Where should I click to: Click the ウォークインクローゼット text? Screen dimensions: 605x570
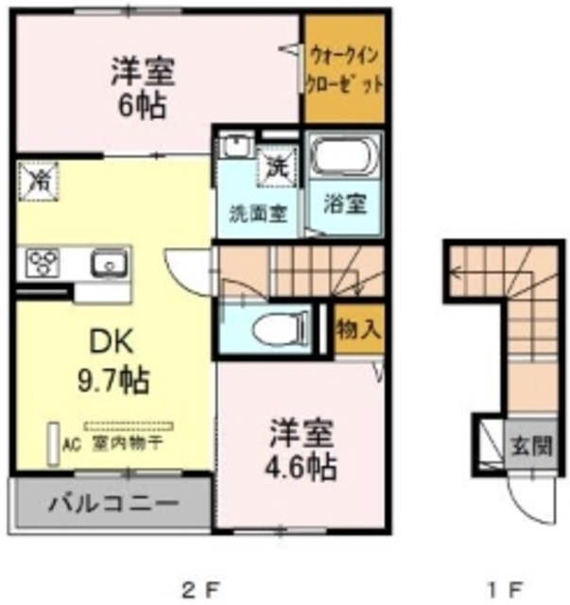point(344,70)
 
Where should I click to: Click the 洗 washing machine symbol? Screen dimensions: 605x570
point(279,170)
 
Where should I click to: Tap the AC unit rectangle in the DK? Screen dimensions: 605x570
point(53,441)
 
